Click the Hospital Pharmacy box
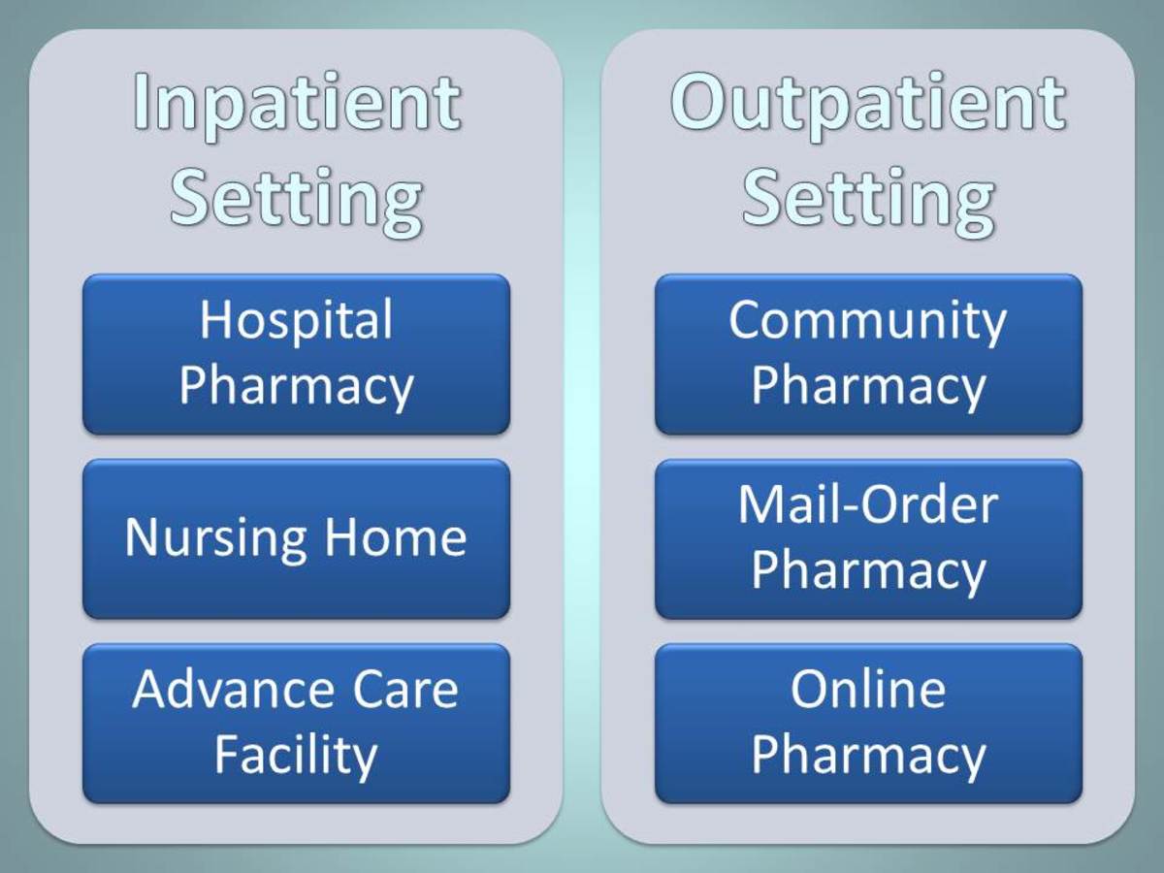(296, 354)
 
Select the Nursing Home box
(296, 538)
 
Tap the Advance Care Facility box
(296, 723)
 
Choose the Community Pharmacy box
(868, 354)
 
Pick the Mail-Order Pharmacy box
(868, 538)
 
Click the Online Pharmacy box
(868, 723)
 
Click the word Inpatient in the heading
(297, 104)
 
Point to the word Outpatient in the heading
(868, 104)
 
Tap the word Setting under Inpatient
(297, 197)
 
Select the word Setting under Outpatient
(868, 197)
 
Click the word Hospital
(296, 321)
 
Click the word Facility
(296, 756)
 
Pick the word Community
(868, 321)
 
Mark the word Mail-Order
(868, 505)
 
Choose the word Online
(868, 690)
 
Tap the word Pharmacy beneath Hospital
(296, 385)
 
